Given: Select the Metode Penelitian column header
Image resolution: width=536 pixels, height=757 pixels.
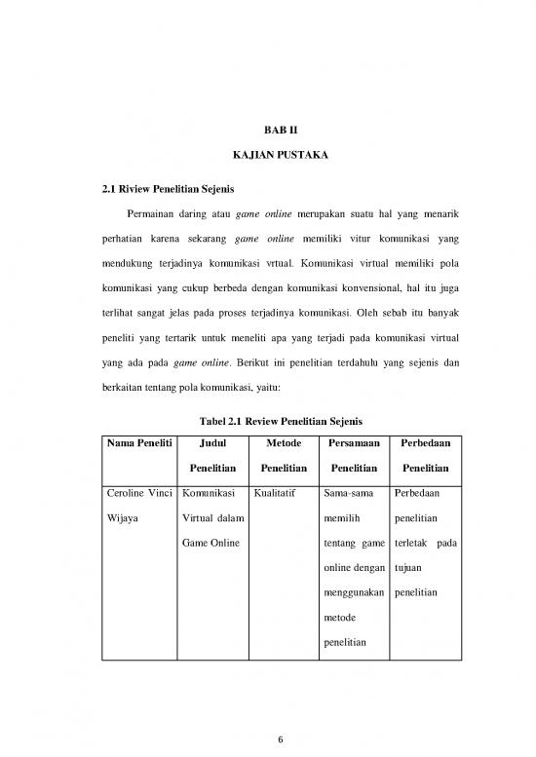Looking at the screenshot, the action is tap(280, 454).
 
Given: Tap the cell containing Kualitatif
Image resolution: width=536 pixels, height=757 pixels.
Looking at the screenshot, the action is tap(275, 493).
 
